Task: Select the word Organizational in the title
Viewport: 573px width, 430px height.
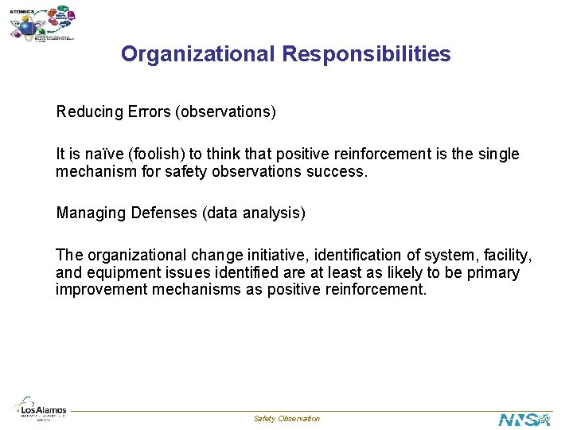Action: pos(197,55)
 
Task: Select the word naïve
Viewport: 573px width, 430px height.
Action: pos(99,154)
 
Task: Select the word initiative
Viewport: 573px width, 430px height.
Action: pos(270,256)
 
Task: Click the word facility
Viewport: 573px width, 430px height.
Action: pos(506,256)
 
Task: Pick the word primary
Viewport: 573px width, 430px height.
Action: pos(492,273)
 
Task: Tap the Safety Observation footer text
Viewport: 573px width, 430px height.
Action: pos(286,419)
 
